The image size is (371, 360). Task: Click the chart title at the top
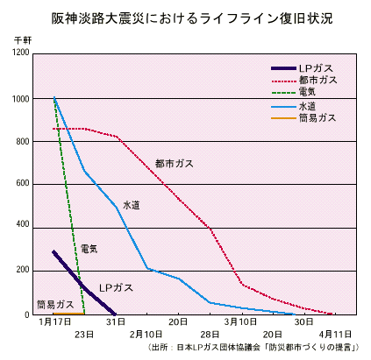pos(185,18)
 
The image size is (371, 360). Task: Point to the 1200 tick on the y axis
pos(20,54)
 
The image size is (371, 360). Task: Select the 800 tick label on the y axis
pos(22,141)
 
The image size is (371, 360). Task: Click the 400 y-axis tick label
pos(22,227)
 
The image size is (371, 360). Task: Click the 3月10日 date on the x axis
pos(240,323)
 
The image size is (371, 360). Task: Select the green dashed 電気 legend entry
pos(308,92)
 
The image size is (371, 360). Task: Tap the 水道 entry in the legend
pos(308,106)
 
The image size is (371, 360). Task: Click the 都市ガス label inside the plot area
pos(175,164)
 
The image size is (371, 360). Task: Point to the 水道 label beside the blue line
pos(131,205)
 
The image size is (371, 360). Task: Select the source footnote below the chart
pos(252,348)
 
